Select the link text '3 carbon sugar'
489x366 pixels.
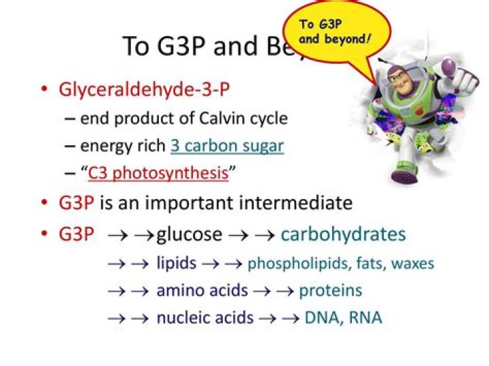pos(227,145)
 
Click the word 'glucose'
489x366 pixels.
pos(189,234)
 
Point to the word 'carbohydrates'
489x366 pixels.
pos(343,234)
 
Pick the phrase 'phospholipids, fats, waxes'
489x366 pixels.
pos(341,263)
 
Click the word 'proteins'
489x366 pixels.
pos(331,291)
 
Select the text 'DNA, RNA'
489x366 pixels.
pos(343,317)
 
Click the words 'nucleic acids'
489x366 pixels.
pos(205,317)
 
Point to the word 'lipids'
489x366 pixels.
pos(177,263)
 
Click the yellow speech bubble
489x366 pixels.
pos(336,31)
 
